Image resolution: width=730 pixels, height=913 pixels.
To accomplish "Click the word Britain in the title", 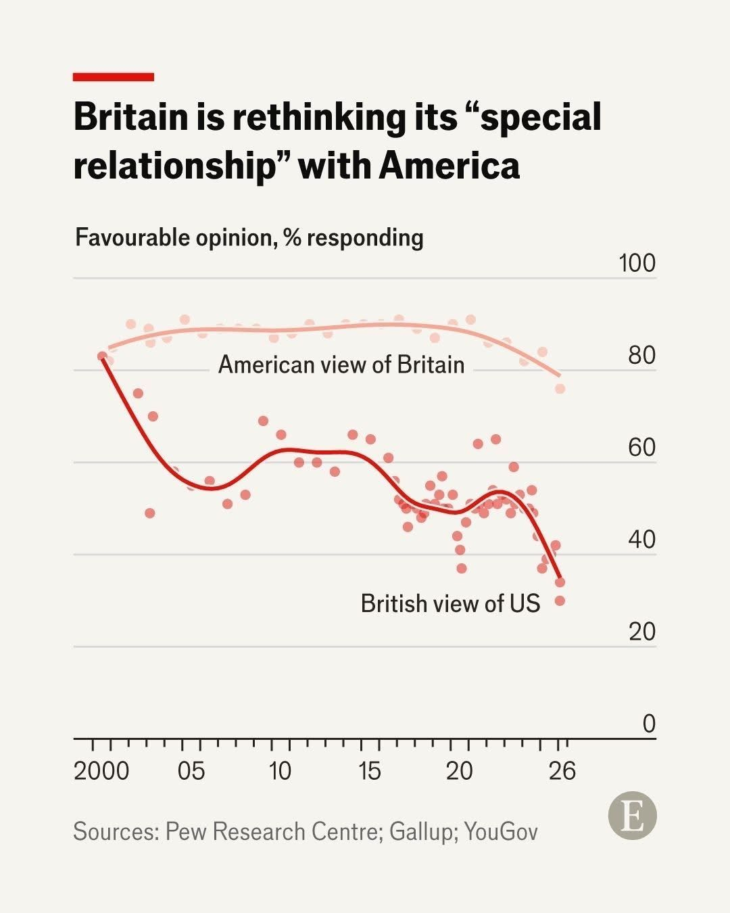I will click(x=130, y=117).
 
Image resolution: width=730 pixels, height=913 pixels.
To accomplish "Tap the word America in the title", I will click(x=449, y=166).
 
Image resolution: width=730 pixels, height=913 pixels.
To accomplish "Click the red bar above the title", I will click(x=114, y=77).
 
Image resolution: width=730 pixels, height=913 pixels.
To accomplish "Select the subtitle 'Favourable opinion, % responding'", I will click(x=249, y=238).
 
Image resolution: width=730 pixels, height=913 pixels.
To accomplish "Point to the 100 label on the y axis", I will click(x=637, y=263).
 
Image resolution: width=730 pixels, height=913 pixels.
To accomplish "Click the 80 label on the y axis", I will click(x=641, y=355).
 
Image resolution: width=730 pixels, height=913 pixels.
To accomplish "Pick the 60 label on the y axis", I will click(x=641, y=447).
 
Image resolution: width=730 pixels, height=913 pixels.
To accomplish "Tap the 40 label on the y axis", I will click(x=641, y=540).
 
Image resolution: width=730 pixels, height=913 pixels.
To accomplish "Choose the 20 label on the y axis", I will click(x=641, y=632).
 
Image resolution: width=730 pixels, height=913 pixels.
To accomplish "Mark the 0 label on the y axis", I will click(x=649, y=724).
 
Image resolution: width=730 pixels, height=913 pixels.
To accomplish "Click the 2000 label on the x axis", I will click(x=101, y=771).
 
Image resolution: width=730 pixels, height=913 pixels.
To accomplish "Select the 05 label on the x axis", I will click(x=191, y=771).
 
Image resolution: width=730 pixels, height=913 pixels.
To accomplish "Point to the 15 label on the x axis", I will click(x=370, y=771).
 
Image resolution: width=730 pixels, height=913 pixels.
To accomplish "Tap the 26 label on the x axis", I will click(x=562, y=771).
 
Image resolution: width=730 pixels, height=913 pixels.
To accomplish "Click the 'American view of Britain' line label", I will click(x=341, y=365).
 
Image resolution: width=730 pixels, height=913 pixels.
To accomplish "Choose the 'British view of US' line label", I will click(x=450, y=603).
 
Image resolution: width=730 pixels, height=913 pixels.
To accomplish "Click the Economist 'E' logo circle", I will click(x=633, y=816).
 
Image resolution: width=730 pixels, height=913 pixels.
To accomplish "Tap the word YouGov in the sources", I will click(x=501, y=832).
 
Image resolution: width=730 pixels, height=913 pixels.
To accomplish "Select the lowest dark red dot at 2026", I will click(x=560, y=601).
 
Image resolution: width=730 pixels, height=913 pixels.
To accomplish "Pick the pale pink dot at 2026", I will click(x=560, y=389).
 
